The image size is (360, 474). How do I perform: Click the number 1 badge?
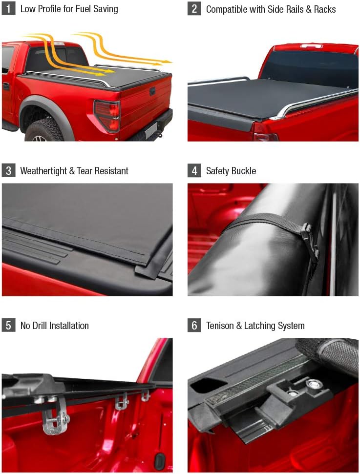click(8, 9)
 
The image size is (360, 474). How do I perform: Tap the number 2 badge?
click(194, 9)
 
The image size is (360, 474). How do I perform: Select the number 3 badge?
click(8, 171)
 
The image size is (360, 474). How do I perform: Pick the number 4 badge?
click(194, 171)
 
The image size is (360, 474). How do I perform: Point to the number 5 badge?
click(8, 326)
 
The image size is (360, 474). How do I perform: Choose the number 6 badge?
click(194, 326)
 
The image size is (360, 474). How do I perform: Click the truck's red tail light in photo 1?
click(107, 115)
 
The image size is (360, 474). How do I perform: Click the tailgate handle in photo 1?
click(152, 91)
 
